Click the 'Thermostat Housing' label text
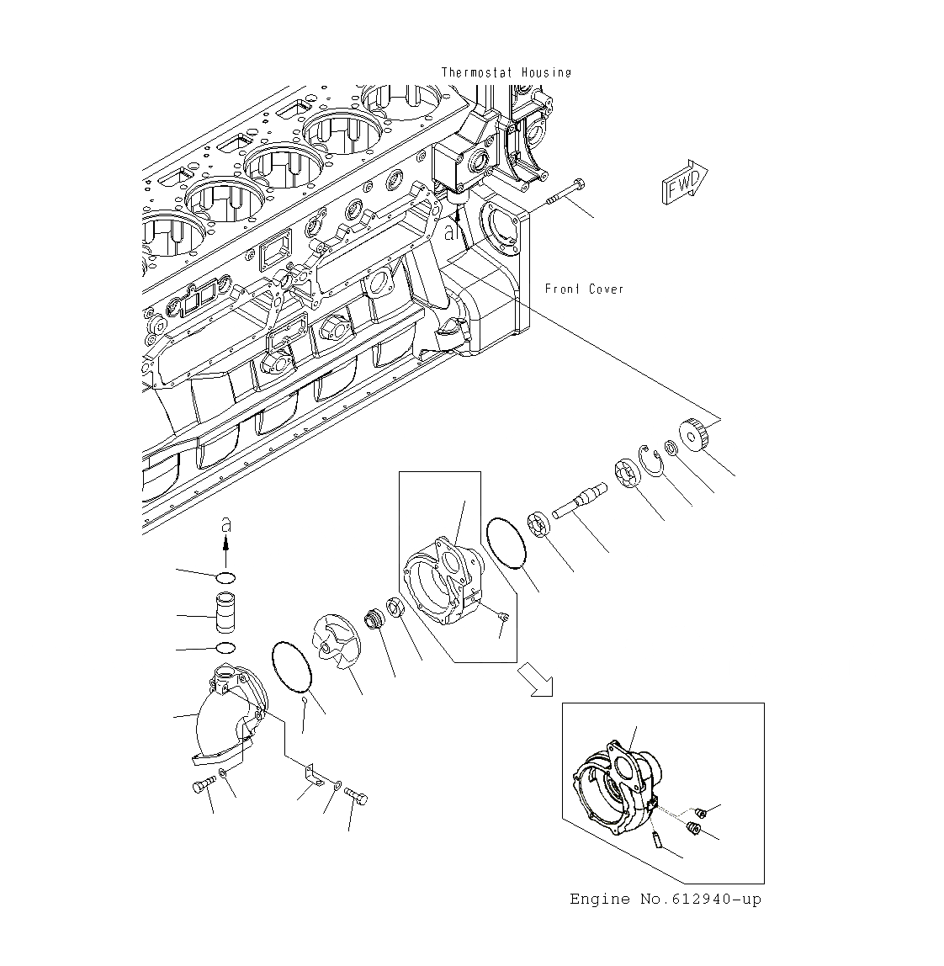[506, 72]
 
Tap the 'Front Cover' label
[585, 289]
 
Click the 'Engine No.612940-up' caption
[666, 900]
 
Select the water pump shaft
[579, 502]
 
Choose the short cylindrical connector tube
[225, 614]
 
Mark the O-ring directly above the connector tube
[225, 577]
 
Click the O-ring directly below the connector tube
[225, 648]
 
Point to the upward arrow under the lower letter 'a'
[225, 552]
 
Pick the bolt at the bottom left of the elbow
[203, 786]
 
